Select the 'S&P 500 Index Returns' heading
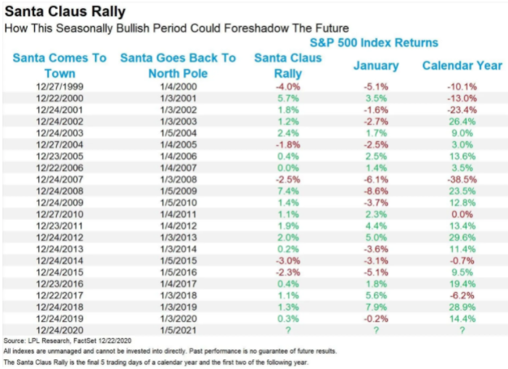(x=372, y=42)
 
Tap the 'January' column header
(x=375, y=64)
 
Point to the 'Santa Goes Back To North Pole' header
(x=178, y=64)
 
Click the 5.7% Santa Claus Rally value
(x=277, y=98)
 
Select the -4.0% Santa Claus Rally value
(x=277, y=87)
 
